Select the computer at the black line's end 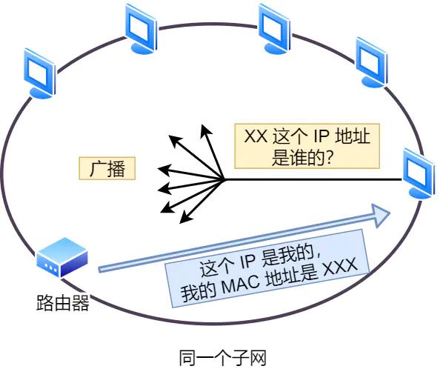point(419,172)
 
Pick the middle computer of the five point(272,26)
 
